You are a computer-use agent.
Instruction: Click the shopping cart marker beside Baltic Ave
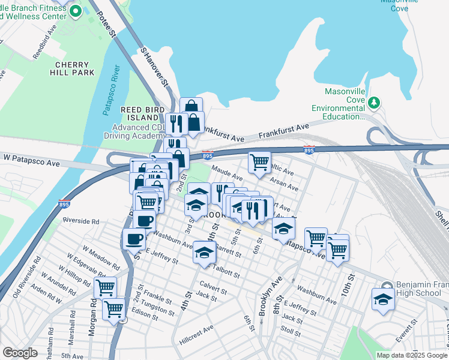259,162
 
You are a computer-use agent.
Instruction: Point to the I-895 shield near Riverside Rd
64,204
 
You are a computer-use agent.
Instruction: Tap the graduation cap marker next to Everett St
382,299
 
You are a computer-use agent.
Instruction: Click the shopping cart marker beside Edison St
113,310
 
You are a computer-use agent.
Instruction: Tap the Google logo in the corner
20,353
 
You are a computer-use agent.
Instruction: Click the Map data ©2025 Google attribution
412,355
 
